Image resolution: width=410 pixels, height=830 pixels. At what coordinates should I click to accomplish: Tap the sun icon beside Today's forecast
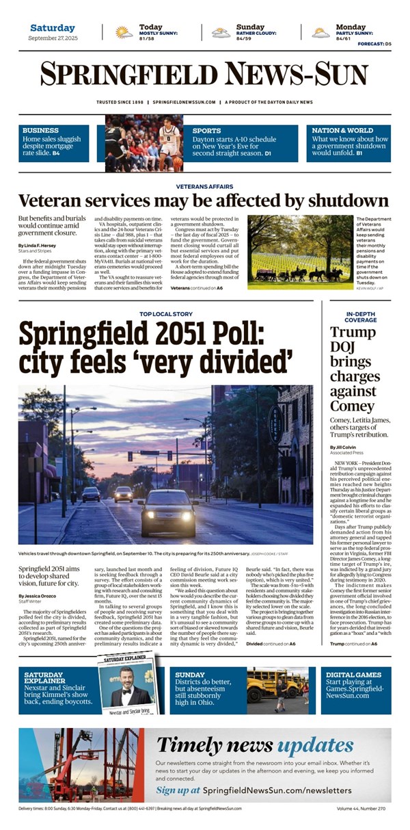coord(124,32)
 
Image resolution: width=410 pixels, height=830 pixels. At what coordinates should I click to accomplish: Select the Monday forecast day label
coord(350,27)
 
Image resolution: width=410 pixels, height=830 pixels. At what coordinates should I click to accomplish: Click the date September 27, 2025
coord(53,38)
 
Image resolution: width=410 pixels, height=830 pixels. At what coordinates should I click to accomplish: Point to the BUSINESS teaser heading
coord(40,130)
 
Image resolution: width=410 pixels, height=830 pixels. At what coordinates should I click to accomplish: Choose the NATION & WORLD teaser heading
coord(342,130)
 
